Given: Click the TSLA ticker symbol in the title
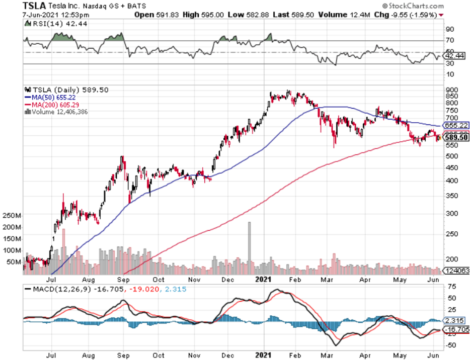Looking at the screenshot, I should pos(36,6).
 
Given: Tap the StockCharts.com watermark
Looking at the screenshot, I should pos(413,6).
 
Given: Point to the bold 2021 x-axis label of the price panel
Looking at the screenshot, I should pos(265,279).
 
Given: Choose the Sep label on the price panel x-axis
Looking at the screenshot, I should pos(124,279).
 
